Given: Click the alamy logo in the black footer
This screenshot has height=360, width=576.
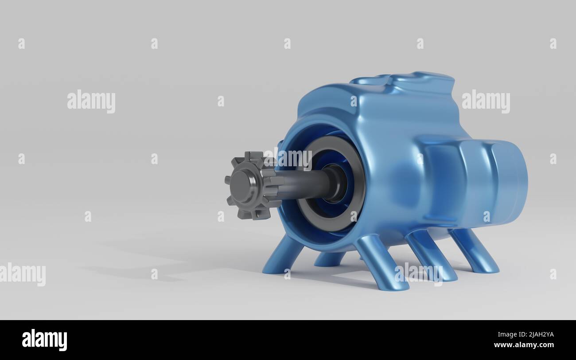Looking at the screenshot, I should click(44, 340).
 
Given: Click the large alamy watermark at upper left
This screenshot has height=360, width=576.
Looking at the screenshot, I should click(91, 101).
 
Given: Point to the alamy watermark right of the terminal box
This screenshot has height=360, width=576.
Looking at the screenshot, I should click(486, 101).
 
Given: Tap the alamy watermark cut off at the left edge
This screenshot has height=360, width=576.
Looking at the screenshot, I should click(22, 274).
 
